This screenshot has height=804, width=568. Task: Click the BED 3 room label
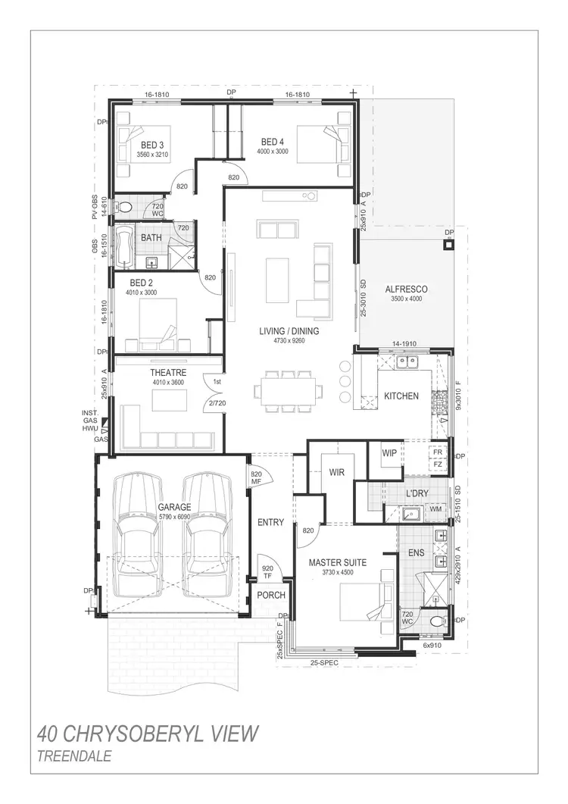tap(152, 145)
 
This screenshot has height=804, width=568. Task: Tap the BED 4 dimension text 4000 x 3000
tap(273, 151)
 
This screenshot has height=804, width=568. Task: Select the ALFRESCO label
tap(406, 289)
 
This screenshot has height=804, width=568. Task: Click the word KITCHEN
tap(401, 396)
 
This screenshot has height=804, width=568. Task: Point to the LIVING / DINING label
tap(289, 331)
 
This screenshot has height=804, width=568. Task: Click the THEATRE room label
tap(168, 373)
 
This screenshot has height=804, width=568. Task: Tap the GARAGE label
tap(174, 507)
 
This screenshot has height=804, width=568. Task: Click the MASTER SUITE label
tap(338, 563)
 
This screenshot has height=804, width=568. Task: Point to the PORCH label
tap(270, 596)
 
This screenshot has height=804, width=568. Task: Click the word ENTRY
tap(270, 523)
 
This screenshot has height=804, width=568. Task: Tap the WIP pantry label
tap(389, 453)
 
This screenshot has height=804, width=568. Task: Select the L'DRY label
tap(417, 494)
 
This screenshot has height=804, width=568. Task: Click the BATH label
tap(151, 238)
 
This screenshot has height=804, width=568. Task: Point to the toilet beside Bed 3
tap(126, 206)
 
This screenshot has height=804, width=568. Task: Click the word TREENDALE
tap(73, 756)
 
